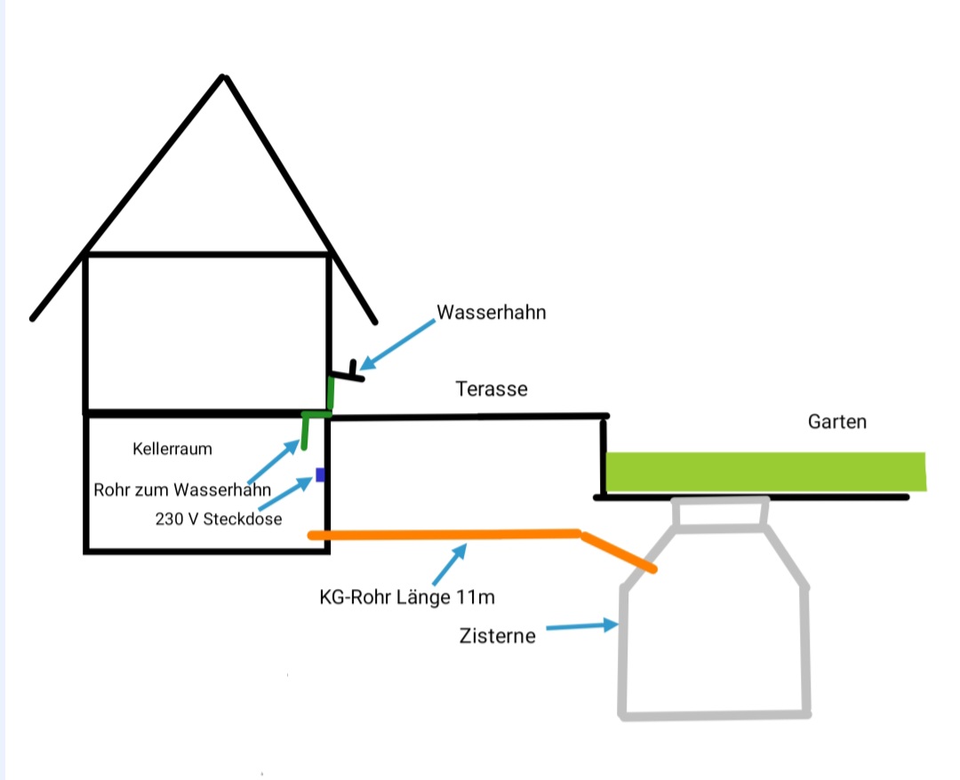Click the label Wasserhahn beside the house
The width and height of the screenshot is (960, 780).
(x=491, y=313)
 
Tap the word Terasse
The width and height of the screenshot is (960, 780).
(x=492, y=389)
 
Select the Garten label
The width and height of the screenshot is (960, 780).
(x=836, y=422)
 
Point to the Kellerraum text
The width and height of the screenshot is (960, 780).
(x=172, y=449)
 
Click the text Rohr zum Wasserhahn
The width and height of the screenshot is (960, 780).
(x=182, y=489)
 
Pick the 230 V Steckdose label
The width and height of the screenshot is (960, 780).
(x=219, y=519)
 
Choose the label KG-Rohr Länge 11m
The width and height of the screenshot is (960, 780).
(x=407, y=597)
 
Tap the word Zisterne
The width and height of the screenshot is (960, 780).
(x=498, y=636)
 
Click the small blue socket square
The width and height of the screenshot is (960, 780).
(x=320, y=474)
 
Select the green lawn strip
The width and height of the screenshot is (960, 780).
(x=764, y=471)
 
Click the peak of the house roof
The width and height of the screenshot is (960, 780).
(x=225, y=77)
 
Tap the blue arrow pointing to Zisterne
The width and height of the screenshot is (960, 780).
(x=581, y=627)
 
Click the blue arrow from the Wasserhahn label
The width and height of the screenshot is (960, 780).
(x=397, y=343)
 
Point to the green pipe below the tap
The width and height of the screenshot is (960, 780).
(x=331, y=394)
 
